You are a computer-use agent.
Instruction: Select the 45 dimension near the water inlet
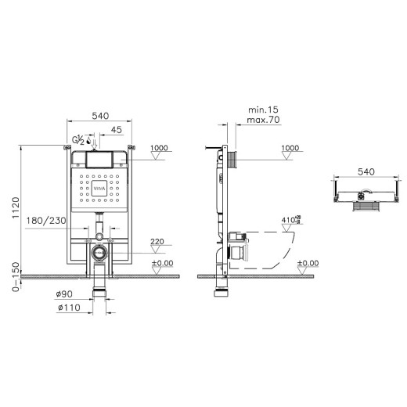116,130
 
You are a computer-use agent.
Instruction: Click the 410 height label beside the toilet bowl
287,220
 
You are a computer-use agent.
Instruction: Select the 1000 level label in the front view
160,148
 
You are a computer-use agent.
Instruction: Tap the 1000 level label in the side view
290,148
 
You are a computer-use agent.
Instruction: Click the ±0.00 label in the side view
308,263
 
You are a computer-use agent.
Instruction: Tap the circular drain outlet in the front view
99,253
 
